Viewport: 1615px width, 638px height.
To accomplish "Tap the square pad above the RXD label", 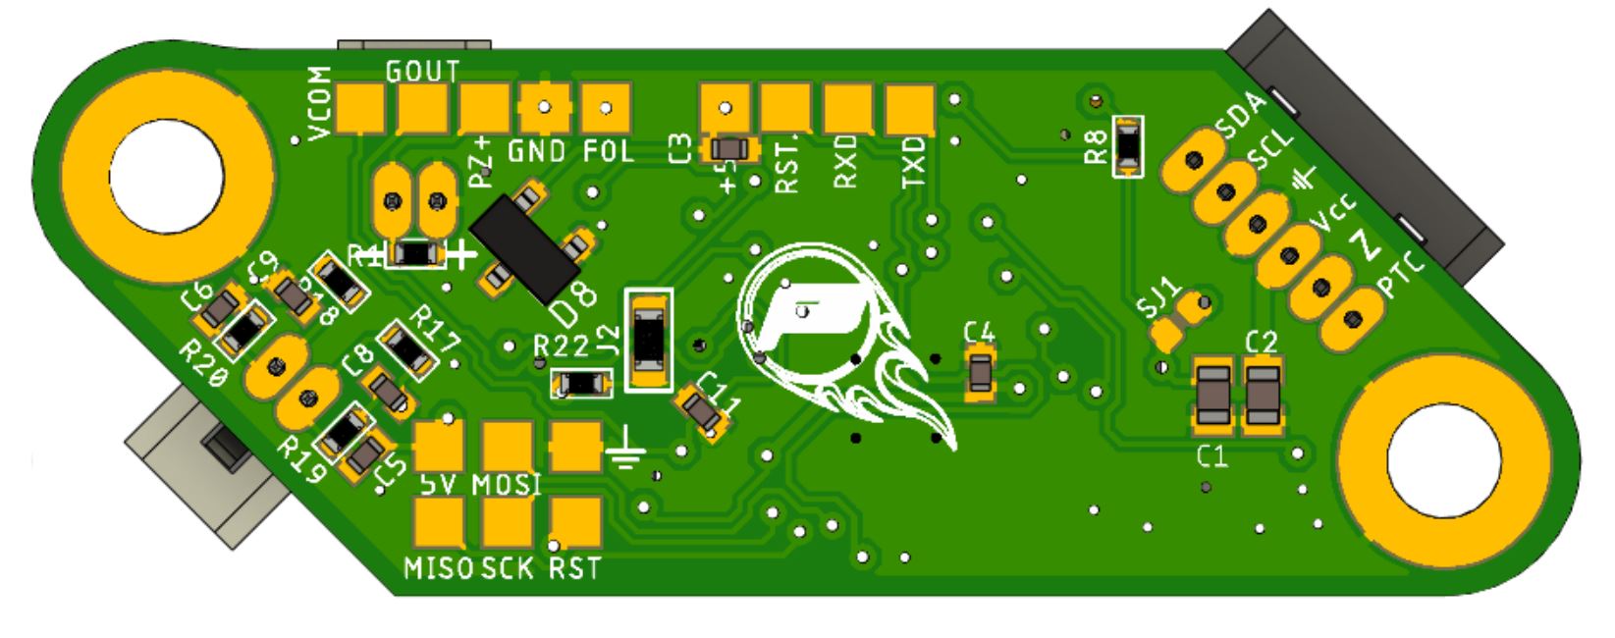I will pos(848,108).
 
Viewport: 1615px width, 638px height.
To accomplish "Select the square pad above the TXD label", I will pos(910,109).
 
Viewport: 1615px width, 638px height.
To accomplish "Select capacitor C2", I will pos(1262,395).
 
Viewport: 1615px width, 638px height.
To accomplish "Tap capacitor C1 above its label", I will pos(1213,395).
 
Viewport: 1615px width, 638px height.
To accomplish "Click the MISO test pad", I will pos(439,522).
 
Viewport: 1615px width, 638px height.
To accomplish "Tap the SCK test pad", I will pos(508,522).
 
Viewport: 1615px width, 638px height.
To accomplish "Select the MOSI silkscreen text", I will pos(507,485).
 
